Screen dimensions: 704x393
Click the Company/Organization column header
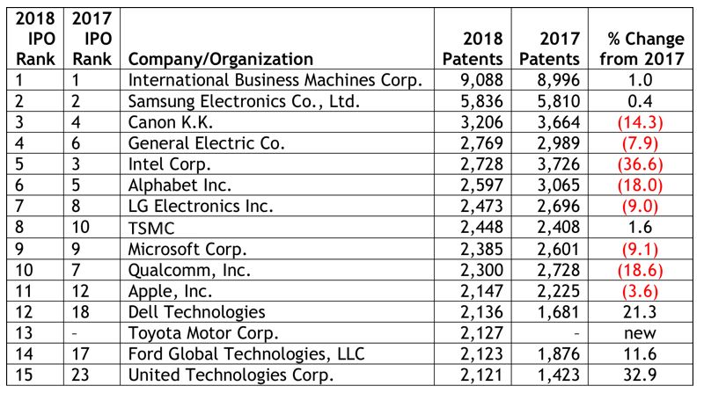coord(221,59)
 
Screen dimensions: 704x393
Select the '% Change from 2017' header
coord(642,49)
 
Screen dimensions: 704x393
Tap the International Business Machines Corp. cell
coord(275,80)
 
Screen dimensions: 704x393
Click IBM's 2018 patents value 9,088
coord(481,80)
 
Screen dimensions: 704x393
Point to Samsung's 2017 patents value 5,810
coord(559,101)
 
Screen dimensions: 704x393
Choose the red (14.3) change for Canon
coord(640,122)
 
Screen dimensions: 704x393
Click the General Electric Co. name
coord(207,143)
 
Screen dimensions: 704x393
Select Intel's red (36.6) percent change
coord(640,164)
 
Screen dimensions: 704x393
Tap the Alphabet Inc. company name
coord(180,186)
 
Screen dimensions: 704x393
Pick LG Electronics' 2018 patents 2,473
coord(481,206)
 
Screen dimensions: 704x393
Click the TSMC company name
coord(151,228)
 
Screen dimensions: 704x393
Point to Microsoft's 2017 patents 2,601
coord(559,249)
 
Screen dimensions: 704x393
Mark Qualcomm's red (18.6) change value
coord(640,270)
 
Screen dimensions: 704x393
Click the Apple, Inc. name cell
coord(170,291)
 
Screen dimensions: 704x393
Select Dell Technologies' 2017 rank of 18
coord(81,312)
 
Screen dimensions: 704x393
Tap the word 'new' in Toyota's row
coord(640,333)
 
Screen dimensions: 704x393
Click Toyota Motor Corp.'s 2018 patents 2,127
coord(481,333)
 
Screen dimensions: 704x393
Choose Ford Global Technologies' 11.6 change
coord(640,354)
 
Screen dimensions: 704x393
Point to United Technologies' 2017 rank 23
coord(81,375)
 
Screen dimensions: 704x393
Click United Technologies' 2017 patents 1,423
coord(559,375)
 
